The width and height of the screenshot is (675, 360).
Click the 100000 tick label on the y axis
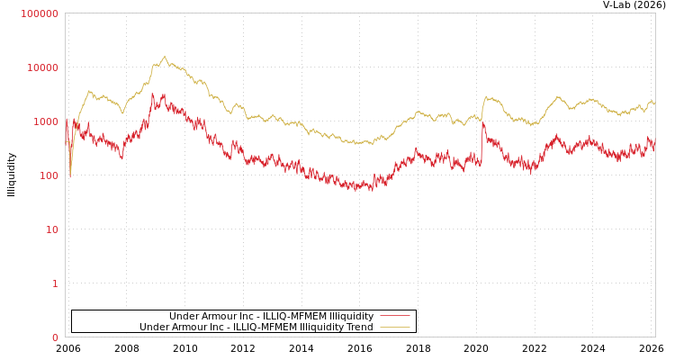(x=40, y=13)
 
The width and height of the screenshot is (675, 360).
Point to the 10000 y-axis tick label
(x=43, y=67)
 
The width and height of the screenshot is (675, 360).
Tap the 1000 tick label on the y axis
(x=46, y=121)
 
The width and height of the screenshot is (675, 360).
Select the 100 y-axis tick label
(x=49, y=175)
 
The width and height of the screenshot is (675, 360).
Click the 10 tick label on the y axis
(x=51, y=229)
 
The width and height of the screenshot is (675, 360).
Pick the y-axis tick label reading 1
(x=55, y=283)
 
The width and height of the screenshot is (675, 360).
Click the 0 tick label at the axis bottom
(x=55, y=337)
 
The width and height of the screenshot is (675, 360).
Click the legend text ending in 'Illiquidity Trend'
(x=256, y=327)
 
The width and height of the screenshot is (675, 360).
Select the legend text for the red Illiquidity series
(x=271, y=316)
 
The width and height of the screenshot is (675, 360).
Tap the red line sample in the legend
(x=394, y=316)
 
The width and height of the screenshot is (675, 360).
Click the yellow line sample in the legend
(x=394, y=327)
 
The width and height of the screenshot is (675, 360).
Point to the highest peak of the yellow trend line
(x=164, y=57)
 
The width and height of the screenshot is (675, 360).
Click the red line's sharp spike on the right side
(x=482, y=123)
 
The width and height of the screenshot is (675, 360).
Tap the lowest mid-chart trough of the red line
(x=371, y=190)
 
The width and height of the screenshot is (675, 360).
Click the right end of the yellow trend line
(x=654, y=105)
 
